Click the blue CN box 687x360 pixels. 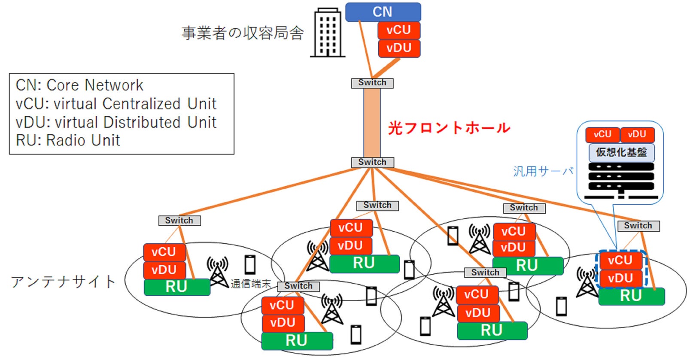pyautogui.click(x=383, y=12)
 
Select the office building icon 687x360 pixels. pyautogui.click(x=328, y=33)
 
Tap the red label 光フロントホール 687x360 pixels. pyautogui.click(x=449, y=128)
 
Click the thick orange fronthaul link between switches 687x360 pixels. pyautogui.click(x=372, y=123)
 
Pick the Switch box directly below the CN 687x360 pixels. pyautogui.click(x=372, y=83)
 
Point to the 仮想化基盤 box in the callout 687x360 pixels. pyautogui.click(x=621, y=152)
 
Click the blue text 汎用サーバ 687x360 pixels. pyautogui.click(x=543, y=172)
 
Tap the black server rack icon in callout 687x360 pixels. pyautogui.click(x=621, y=180)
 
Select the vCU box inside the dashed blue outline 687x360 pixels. pyautogui.click(x=620, y=260)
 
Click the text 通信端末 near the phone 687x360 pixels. pyautogui.click(x=251, y=284)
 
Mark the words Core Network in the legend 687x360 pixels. pyautogui.click(x=95, y=85)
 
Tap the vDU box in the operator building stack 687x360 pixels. pyautogui.click(x=399, y=48)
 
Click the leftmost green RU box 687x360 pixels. pyautogui.click(x=176, y=287)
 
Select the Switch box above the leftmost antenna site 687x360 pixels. pyautogui.click(x=179, y=221)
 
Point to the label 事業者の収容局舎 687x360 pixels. pyautogui.click(x=243, y=33)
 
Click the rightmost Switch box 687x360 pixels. pyautogui.click(x=638, y=226)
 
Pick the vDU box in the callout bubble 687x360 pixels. pyautogui.click(x=637, y=135)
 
